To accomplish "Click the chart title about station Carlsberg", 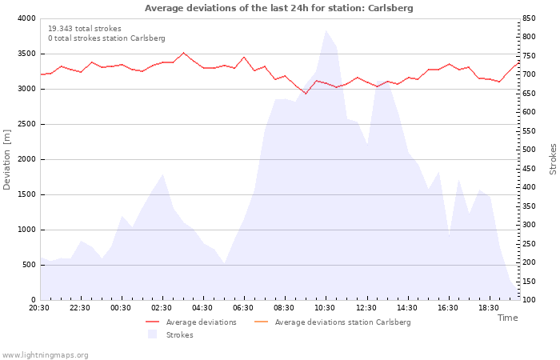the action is pyautogui.click(x=279, y=8).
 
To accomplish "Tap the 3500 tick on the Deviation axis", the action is pyautogui.click(x=26, y=54).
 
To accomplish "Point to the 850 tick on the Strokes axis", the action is pyautogui.click(x=529, y=18).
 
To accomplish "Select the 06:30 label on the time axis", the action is pyautogui.click(x=243, y=308).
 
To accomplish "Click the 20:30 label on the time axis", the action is pyautogui.click(x=39, y=308).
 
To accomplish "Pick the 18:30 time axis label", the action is pyautogui.click(x=489, y=308).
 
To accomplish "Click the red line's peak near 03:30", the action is pyautogui.click(x=183, y=53).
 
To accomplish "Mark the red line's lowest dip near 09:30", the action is pyautogui.click(x=306, y=94).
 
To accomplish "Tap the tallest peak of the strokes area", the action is pyautogui.click(x=326, y=30).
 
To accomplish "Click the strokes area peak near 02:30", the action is pyautogui.click(x=163, y=174).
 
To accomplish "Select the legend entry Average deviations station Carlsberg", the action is pyautogui.click(x=333, y=322).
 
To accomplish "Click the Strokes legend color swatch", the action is pyautogui.click(x=153, y=334).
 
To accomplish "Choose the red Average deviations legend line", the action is pyautogui.click(x=153, y=322).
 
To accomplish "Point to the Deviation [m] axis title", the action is pyautogui.click(x=6, y=159).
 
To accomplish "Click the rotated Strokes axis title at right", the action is pyautogui.click(x=553, y=159).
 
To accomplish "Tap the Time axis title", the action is pyautogui.click(x=508, y=318).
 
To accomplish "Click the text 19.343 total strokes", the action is pyautogui.click(x=85, y=29).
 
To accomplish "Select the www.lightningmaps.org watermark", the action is pyautogui.click(x=45, y=355).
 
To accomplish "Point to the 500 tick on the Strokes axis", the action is pyautogui.click(x=529, y=150).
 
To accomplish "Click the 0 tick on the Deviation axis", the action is pyautogui.click(x=34, y=300).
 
